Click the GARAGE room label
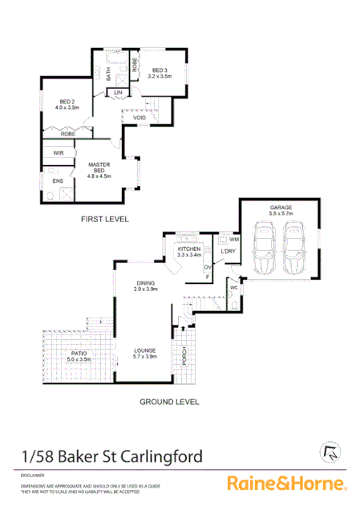[x=281, y=208]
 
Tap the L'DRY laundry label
[x=227, y=251]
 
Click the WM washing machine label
[x=235, y=239]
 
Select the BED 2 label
[x=68, y=103]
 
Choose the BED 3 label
[x=160, y=73]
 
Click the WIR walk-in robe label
[x=59, y=152]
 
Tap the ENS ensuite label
[x=58, y=181]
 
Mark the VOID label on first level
[x=140, y=118]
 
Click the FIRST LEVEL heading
[x=103, y=218]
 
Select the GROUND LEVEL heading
[x=169, y=402]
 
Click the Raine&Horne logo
[x=286, y=483]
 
